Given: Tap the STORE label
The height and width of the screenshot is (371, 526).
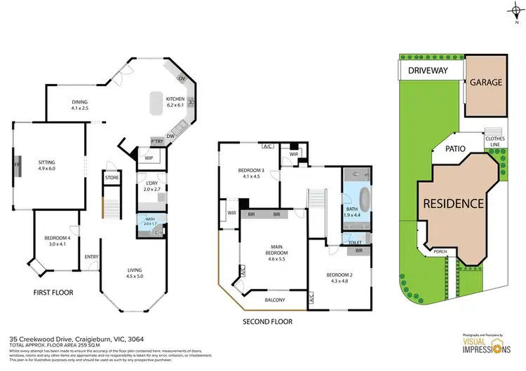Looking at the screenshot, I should [112, 178].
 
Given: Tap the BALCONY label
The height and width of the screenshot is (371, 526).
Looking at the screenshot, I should [274, 300].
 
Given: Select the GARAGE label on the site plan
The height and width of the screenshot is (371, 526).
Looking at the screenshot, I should [485, 83].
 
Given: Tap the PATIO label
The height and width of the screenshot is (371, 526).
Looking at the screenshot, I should [456, 148].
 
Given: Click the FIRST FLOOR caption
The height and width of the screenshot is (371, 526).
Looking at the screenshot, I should [53, 292].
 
